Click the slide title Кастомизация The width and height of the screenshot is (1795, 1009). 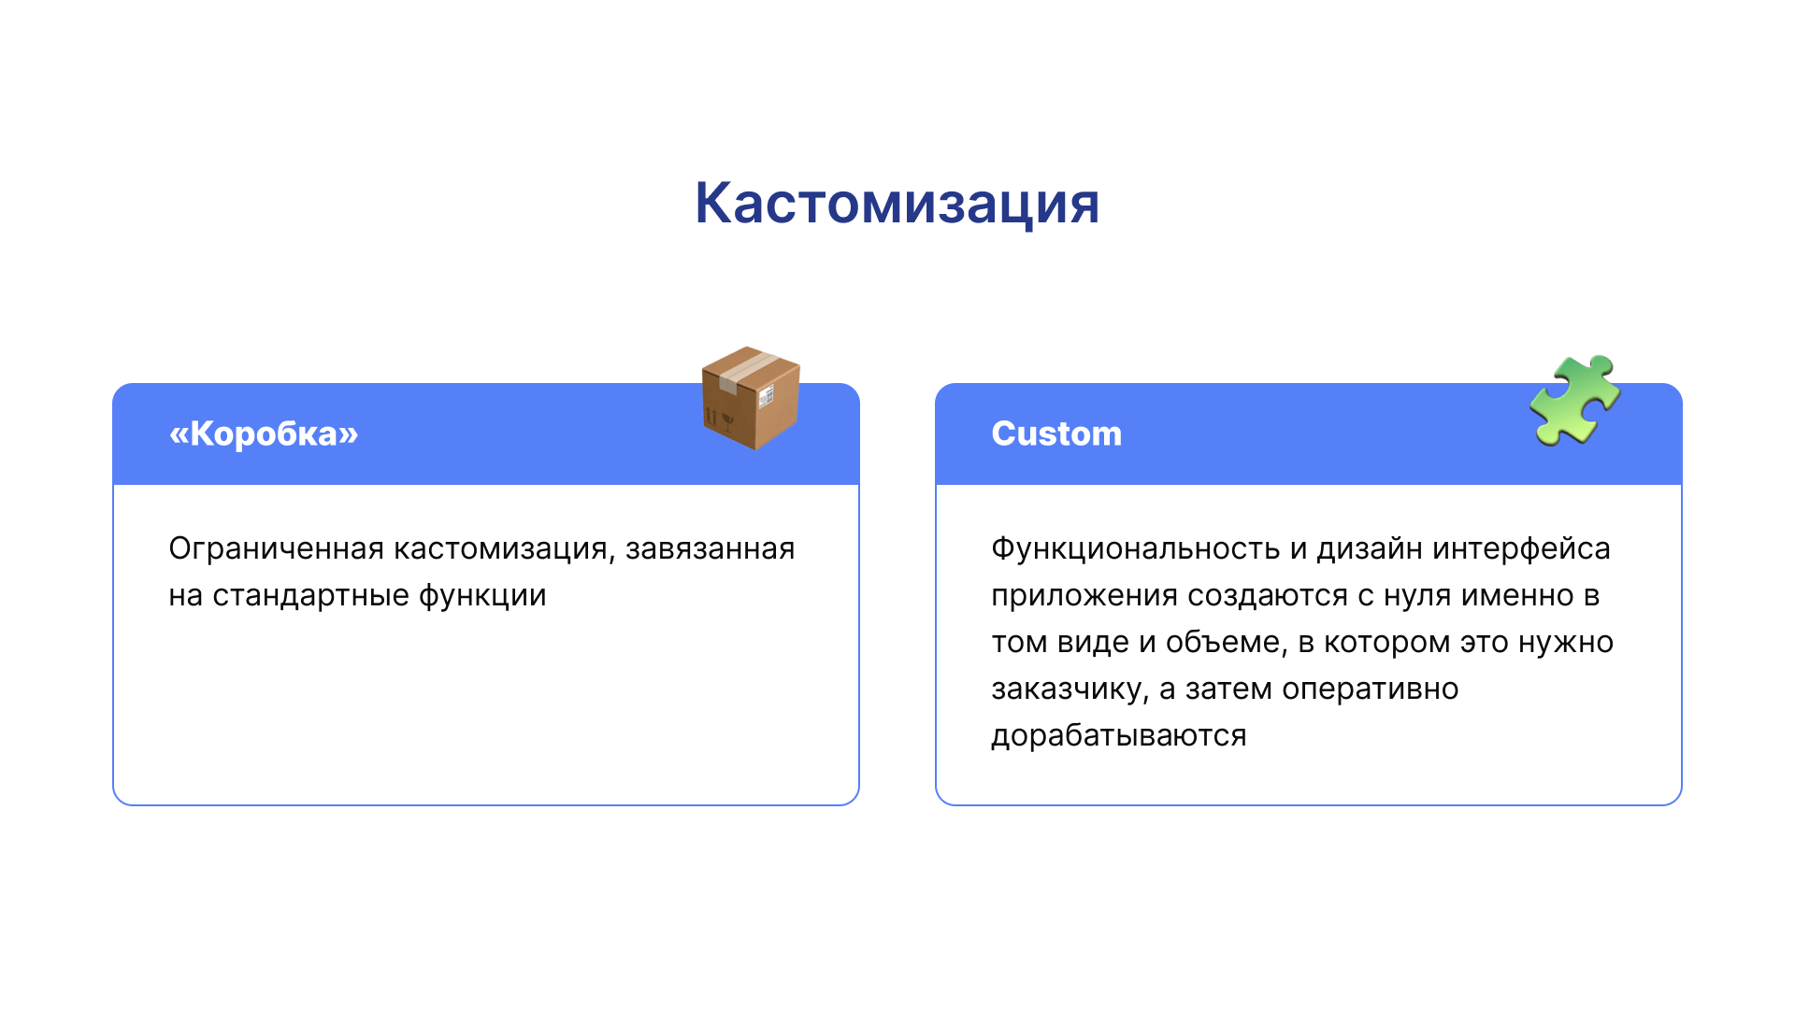897,203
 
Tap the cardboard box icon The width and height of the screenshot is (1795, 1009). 751,398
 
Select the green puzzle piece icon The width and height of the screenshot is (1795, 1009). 1575,400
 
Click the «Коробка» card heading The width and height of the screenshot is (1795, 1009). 264,433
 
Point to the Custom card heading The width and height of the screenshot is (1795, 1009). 1056,433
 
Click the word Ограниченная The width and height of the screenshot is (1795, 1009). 277,548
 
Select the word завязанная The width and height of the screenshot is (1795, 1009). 711,548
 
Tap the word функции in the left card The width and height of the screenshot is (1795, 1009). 482,595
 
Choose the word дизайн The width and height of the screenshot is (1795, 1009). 1370,548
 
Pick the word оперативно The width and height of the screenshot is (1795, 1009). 1371,689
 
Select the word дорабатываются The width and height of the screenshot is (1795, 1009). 1119,735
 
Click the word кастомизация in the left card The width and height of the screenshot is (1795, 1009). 505,548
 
